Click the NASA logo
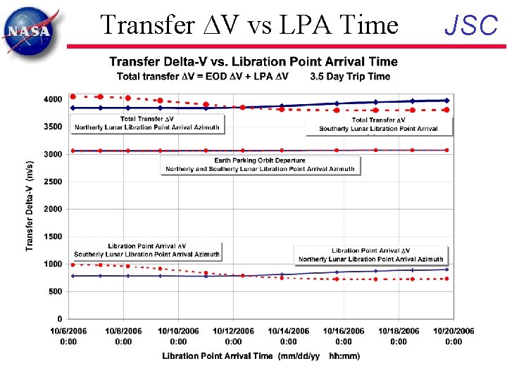(x=29, y=29)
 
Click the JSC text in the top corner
(x=471, y=25)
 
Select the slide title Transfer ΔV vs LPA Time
(x=249, y=25)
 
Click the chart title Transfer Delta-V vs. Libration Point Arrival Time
(x=254, y=63)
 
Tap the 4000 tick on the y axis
(x=53, y=99)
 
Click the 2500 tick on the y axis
(x=53, y=182)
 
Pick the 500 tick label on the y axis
(x=56, y=291)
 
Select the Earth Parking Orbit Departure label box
(x=260, y=165)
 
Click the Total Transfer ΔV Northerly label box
(x=147, y=124)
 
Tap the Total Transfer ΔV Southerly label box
(x=379, y=125)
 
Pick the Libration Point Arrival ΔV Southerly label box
(x=146, y=251)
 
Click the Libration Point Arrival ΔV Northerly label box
(x=370, y=255)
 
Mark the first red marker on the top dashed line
(x=73, y=96)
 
